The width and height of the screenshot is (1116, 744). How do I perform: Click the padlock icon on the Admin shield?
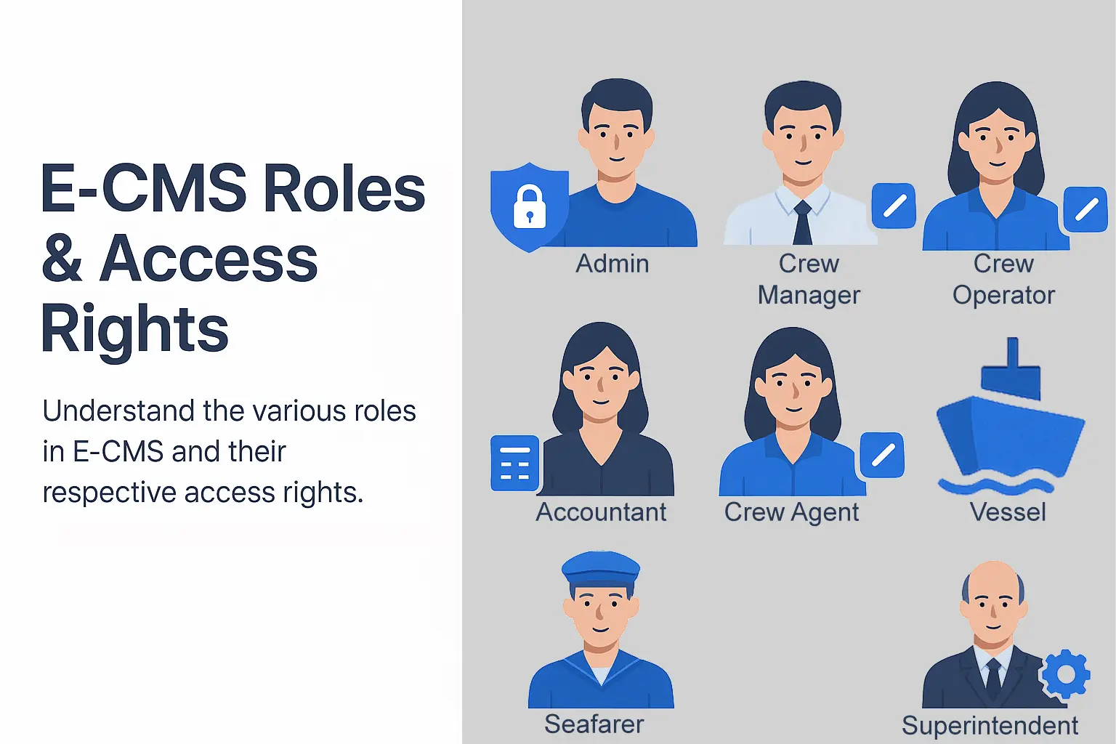pos(529,206)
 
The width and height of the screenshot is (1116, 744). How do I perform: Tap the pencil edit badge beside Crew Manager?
pos(894,206)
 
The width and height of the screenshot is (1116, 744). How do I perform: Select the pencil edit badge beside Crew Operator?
pos(1085,209)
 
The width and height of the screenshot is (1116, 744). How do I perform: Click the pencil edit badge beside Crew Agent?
pos(882,455)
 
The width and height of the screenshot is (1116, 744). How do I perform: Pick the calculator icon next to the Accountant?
pos(514,464)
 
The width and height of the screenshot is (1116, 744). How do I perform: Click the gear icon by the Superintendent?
pos(1066,674)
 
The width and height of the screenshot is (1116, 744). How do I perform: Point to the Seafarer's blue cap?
pos(601,569)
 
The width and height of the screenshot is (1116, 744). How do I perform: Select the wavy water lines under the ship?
pos(996,485)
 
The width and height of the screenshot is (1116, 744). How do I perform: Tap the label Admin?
pos(612,264)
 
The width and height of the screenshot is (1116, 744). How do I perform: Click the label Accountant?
pos(601,511)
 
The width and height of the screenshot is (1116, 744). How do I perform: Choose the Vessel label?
pos(1008,511)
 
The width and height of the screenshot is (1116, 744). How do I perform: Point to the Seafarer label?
pos(594,724)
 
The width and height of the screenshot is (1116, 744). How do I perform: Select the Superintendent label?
pos(990,726)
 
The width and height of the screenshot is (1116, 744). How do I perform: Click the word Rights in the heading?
pos(134,330)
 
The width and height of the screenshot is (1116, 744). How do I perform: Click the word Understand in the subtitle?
pos(118,411)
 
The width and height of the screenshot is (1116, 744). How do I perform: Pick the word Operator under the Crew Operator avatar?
pos(1003,296)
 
